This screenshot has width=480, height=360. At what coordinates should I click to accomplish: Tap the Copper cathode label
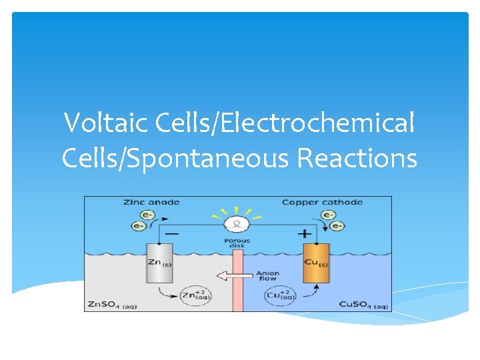322,202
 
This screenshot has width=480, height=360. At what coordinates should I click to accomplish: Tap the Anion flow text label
268,276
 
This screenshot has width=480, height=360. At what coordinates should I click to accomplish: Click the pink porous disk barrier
237,293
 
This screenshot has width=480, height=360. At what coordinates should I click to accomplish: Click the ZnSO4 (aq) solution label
112,305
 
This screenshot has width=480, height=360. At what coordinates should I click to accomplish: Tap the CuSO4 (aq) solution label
363,305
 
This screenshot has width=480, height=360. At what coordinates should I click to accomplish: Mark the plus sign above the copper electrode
305,234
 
